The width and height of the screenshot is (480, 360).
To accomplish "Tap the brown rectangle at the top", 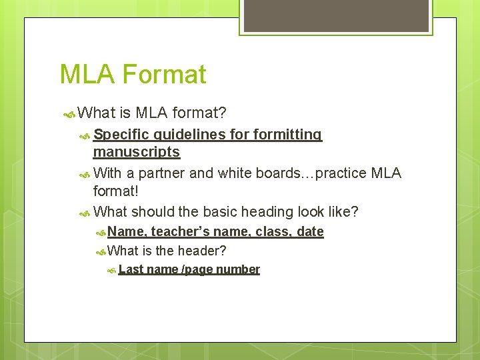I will click(336, 16).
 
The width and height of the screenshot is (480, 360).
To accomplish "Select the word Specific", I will click(121, 135).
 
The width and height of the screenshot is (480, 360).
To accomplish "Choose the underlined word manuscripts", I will click(137, 152).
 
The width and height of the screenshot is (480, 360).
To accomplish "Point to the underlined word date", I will click(311, 232).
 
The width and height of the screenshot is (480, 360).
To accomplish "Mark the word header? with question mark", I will click(203, 251).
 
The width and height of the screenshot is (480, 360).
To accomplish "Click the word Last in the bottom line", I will click(131, 269).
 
